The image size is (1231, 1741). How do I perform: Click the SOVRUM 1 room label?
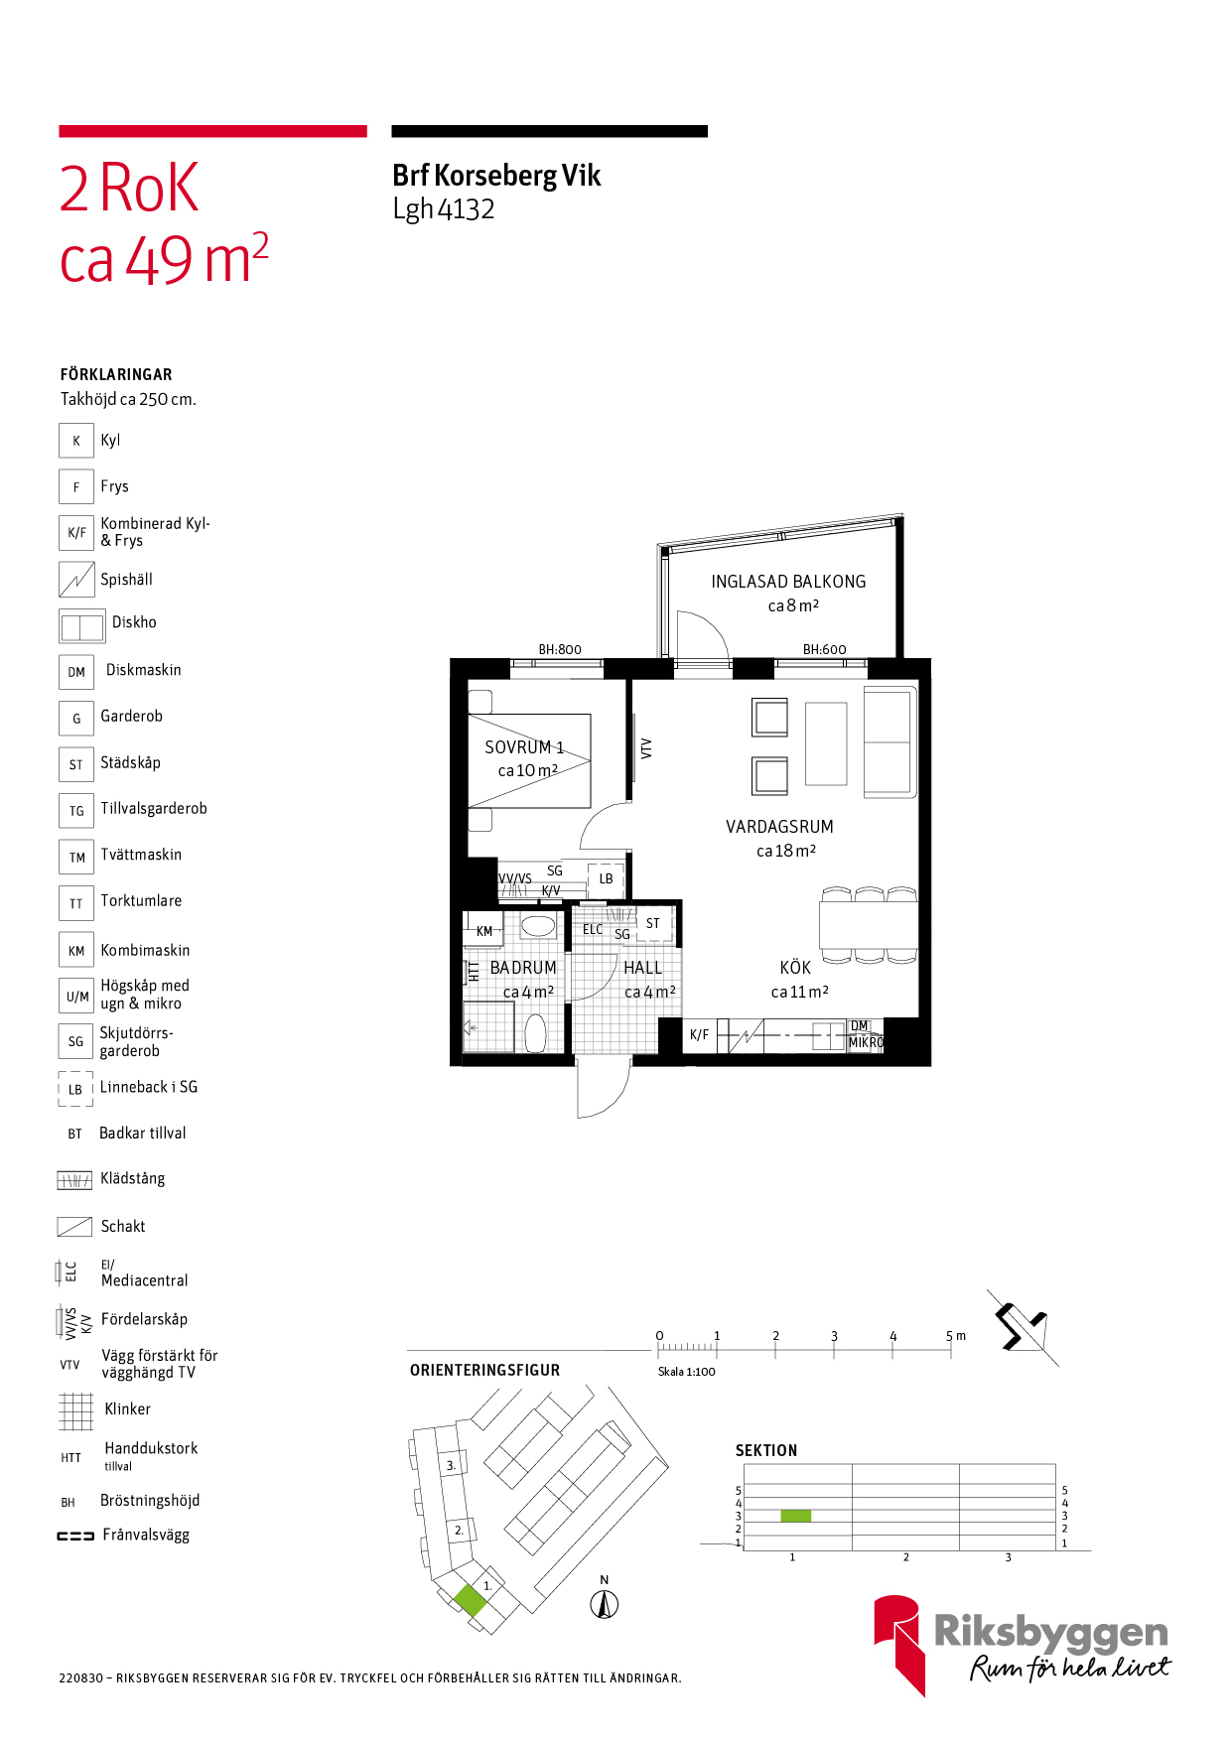(524, 747)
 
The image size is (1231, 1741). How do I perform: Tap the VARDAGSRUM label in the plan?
(779, 827)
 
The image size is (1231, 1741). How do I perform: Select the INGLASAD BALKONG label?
(788, 582)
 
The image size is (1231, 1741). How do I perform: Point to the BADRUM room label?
(523, 968)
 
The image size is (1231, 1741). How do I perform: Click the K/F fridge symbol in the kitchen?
(700, 1035)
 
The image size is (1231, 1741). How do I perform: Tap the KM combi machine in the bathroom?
(484, 931)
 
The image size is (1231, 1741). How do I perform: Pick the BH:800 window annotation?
(560, 649)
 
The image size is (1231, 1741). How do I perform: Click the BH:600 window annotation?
(825, 649)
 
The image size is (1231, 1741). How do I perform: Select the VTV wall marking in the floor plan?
(646, 748)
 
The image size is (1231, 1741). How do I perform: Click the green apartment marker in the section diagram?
(795, 1516)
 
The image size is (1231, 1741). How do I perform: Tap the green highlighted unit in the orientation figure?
(471, 1600)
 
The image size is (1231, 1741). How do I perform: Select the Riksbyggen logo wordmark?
(1051, 1633)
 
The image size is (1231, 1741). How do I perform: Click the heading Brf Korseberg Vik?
(496, 176)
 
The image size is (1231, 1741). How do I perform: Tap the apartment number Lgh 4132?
(444, 209)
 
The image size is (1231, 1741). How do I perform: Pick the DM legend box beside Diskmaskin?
(76, 672)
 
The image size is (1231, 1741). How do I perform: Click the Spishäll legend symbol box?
(76, 580)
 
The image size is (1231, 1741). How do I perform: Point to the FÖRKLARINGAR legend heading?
(116, 374)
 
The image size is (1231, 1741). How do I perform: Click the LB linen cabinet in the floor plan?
(606, 879)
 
